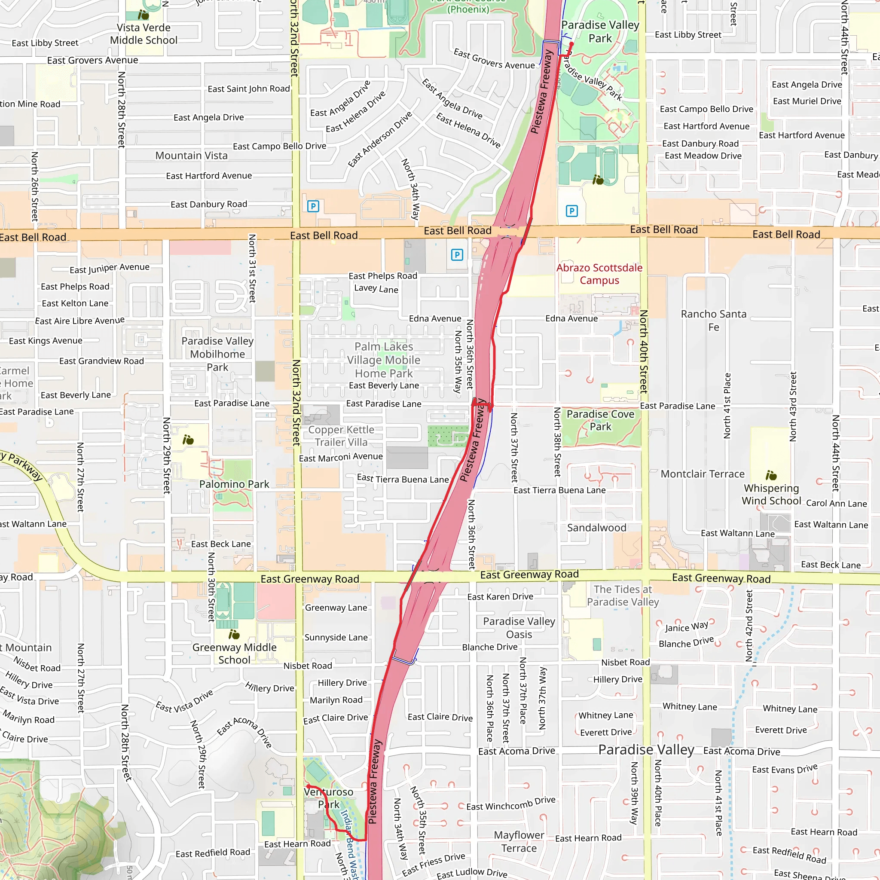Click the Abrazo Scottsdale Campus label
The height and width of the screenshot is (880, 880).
pos(599,274)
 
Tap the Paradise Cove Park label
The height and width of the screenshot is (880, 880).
pos(600,420)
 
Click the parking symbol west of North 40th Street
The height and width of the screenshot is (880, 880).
pos(571,211)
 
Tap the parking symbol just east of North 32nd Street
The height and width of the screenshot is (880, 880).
pos(313,206)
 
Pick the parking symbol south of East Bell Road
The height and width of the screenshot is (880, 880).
pos(457,255)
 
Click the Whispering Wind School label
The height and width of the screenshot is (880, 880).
pos(771,495)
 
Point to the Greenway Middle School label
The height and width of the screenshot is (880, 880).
pos(234,654)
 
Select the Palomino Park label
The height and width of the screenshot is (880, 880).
pos(234,484)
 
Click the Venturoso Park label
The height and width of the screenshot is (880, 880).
pos(328,798)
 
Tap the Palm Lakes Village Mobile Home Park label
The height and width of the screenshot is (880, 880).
pos(384,360)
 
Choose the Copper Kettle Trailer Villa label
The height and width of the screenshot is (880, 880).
pos(341,436)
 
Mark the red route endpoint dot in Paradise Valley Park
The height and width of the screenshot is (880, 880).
pos(571,44)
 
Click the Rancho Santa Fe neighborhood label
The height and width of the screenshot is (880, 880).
pos(713,320)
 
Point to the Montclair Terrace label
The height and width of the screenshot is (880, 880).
pos(703,474)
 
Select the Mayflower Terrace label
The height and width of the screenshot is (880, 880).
pos(519,841)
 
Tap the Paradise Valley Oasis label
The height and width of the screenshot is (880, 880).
pos(519,628)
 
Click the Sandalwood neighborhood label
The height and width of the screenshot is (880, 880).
pos(597,528)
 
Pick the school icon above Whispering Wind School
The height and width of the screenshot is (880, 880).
pos(771,476)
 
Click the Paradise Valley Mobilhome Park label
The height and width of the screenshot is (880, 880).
pos(217,354)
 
